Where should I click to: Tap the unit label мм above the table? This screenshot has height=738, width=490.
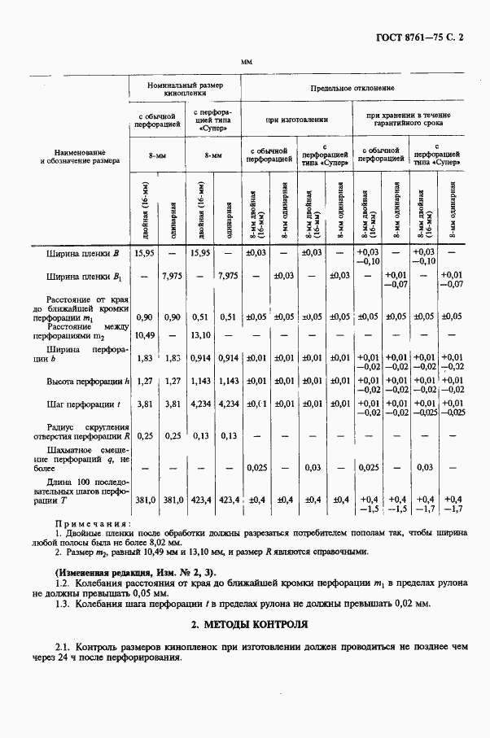(246, 63)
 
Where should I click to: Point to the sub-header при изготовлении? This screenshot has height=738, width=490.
(296, 120)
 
